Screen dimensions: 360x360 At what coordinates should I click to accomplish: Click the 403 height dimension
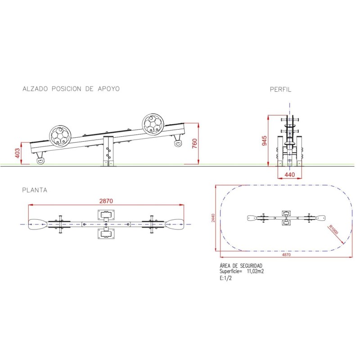(x=17, y=153)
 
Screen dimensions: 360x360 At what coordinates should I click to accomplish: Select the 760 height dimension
(x=194, y=144)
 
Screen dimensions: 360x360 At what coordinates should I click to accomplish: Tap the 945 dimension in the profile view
(x=264, y=141)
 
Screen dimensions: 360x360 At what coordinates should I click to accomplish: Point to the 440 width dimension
(x=289, y=175)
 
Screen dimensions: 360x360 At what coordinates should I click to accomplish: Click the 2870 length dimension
(x=106, y=201)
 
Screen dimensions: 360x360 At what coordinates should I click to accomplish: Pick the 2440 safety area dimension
(x=213, y=218)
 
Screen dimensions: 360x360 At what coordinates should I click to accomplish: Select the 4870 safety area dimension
(x=286, y=255)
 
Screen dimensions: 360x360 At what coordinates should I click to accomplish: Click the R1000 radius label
(x=333, y=229)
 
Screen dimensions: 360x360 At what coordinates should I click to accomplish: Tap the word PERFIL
(x=280, y=89)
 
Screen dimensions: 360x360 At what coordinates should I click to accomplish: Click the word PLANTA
(x=35, y=190)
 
